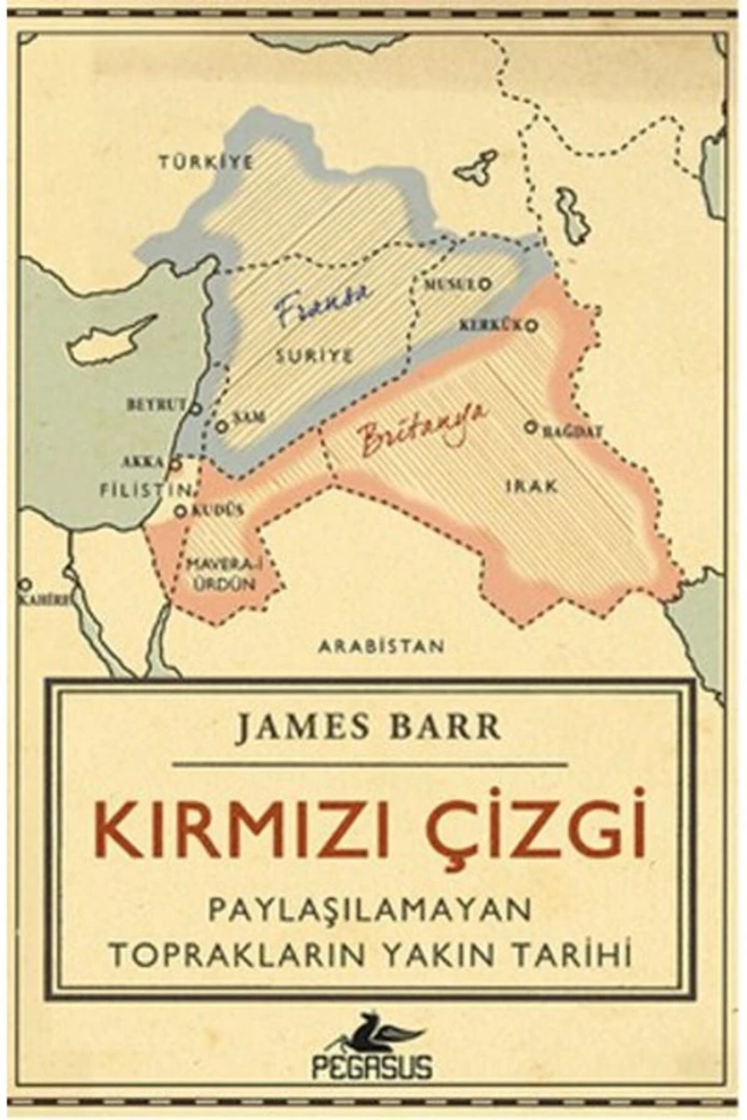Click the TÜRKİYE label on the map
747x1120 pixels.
pyautogui.click(x=205, y=161)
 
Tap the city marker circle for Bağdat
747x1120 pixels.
pyautogui.click(x=529, y=427)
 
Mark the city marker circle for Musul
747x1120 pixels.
pyautogui.click(x=486, y=284)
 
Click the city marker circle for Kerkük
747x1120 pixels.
pyautogui.click(x=532, y=326)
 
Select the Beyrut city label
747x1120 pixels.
pyautogui.click(x=157, y=406)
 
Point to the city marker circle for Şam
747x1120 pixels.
pyautogui.click(x=221, y=425)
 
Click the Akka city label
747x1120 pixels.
pyautogui.click(x=143, y=461)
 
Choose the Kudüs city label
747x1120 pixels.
pyautogui.click(x=217, y=511)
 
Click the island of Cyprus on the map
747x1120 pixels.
pyautogui.click(x=107, y=342)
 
